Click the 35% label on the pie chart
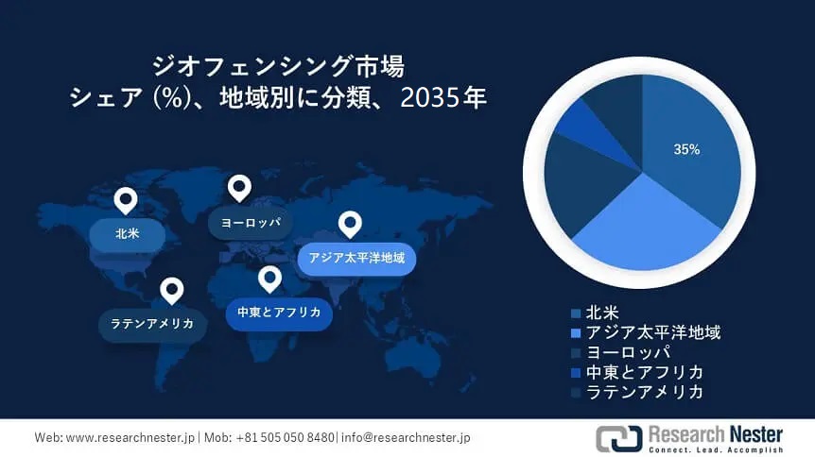(x=686, y=149)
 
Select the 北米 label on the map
(x=127, y=233)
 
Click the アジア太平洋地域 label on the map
(x=356, y=257)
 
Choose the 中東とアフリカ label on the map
(x=279, y=313)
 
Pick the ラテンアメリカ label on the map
(x=152, y=324)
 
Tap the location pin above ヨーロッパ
(x=239, y=188)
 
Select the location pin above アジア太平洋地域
(x=351, y=224)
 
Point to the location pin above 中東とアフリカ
(x=270, y=279)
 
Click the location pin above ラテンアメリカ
(x=171, y=290)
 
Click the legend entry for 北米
(x=604, y=313)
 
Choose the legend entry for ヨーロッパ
(x=628, y=352)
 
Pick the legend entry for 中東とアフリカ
(x=644, y=372)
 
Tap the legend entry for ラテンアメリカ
(x=644, y=392)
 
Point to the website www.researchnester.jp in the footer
(x=130, y=438)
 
